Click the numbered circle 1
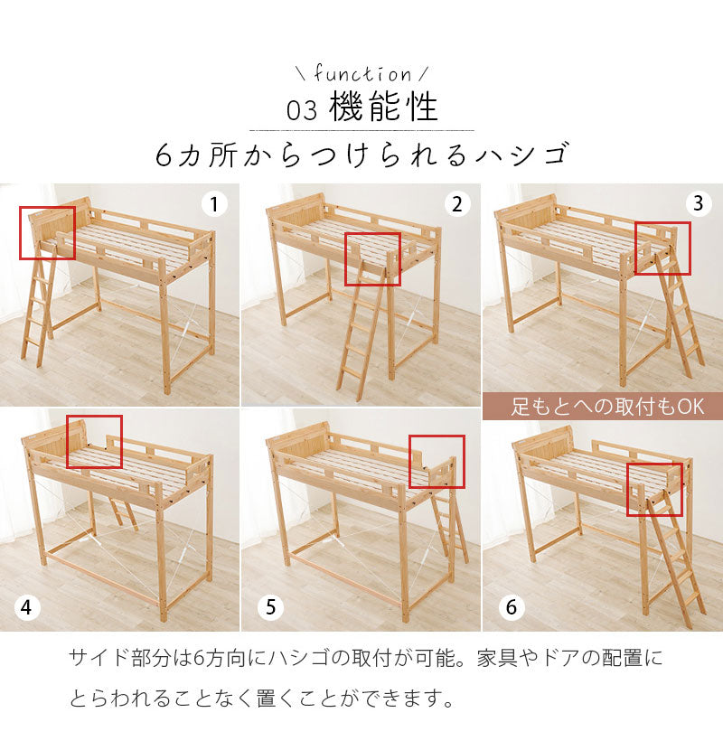click(x=213, y=205)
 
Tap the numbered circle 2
click(x=456, y=205)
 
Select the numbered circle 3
click(x=697, y=204)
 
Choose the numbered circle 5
click(x=268, y=608)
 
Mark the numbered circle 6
click(x=511, y=608)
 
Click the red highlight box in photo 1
click(x=47, y=233)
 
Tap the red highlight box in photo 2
click(x=372, y=259)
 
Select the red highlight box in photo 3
click(x=662, y=248)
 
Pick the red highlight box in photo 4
click(x=94, y=442)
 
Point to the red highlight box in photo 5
click(x=437, y=462)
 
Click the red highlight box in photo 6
click(x=654, y=489)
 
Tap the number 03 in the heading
click(x=302, y=110)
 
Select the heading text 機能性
click(x=384, y=108)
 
